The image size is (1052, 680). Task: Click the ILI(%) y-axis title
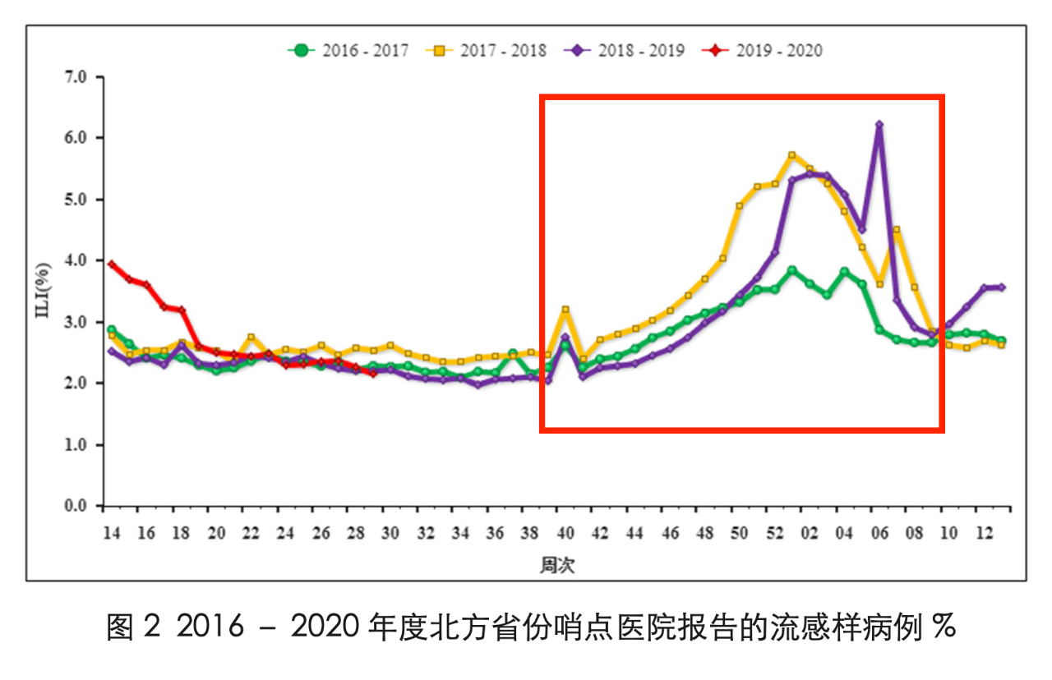[x=44, y=292]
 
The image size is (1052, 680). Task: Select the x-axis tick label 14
[x=111, y=533]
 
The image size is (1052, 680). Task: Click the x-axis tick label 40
[x=565, y=533]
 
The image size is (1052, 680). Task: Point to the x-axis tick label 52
[x=775, y=533]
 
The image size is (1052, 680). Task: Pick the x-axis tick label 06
[x=879, y=533]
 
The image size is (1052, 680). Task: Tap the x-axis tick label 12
[x=984, y=533]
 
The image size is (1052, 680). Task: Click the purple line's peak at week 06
[x=879, y=125]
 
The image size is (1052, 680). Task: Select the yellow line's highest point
[x=792, y=154]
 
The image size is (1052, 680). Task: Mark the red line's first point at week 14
[x=111, y=264]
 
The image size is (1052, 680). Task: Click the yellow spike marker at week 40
[x=565, y=310]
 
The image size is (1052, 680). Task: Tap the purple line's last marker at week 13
[x=1002, y=287]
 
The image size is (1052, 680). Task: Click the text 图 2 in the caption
[x=131, y=629]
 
